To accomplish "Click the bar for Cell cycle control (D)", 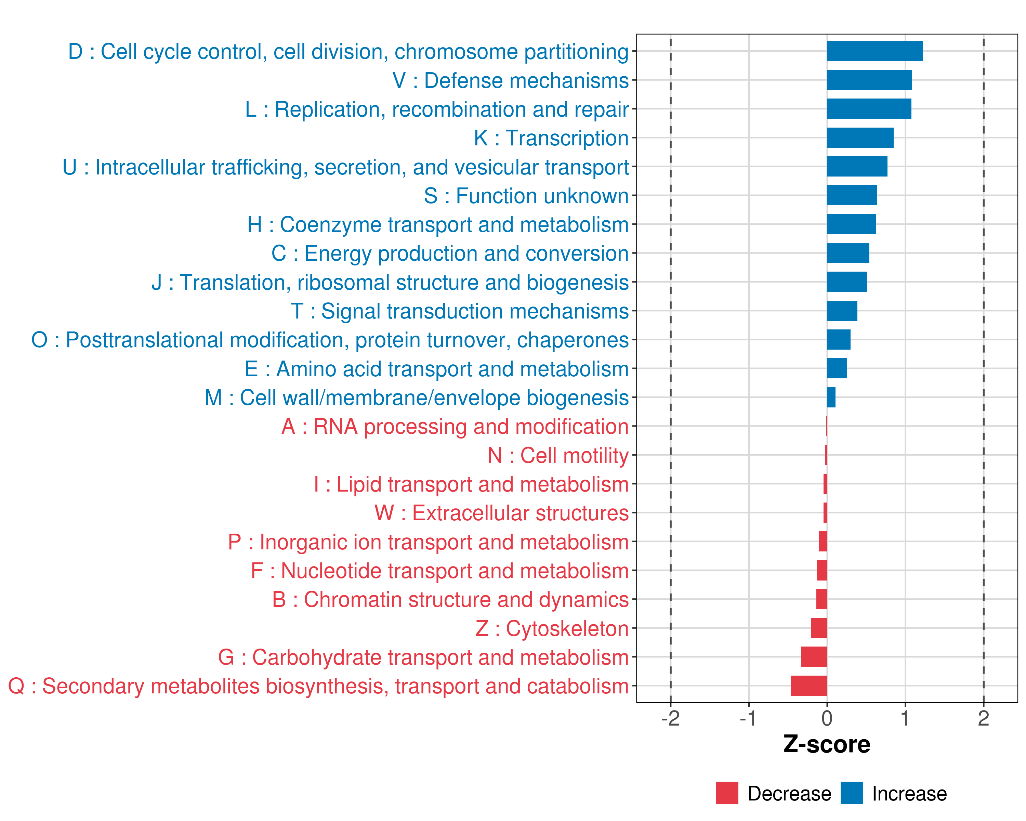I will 875,51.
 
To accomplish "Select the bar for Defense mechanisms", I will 869,80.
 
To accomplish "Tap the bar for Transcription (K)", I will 860,138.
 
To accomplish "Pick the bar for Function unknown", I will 852,196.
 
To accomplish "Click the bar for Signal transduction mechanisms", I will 842,311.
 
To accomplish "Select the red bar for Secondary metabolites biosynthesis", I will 809,686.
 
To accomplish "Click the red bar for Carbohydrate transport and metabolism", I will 814,657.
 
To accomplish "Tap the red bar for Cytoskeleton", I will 819,628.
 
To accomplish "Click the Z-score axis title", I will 827,744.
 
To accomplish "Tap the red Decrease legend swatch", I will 727,793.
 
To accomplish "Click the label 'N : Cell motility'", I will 558,455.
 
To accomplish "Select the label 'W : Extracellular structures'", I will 502,513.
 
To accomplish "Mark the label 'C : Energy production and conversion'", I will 450,254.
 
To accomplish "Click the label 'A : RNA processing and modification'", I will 455,427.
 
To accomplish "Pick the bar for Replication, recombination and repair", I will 869,109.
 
